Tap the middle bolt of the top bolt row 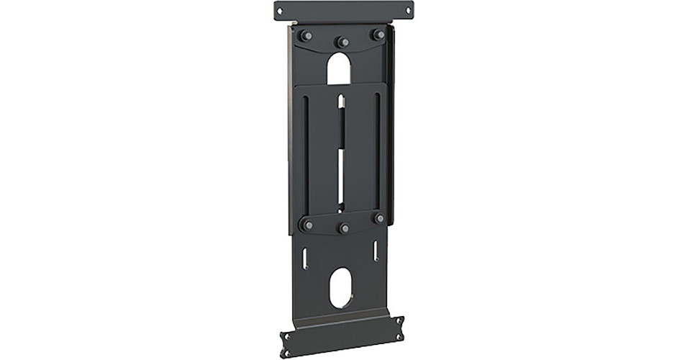[x=343, y=42]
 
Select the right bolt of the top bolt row [x=376, y=34]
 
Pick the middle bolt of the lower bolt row [x=344, y=229]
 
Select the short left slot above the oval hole [x=307, y=258]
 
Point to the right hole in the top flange [x=412, y=9]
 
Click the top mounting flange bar [x=345, y=12]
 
